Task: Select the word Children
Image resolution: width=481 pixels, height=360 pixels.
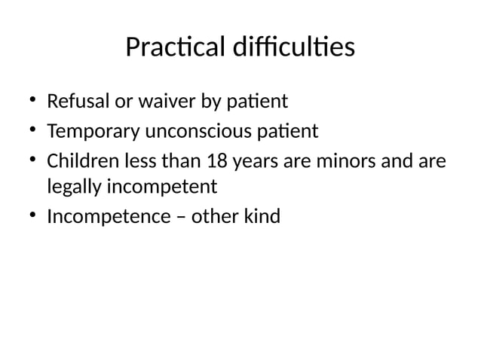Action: click(x=78, y=162)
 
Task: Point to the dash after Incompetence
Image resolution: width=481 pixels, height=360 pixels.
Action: click(x=179, y=218)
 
